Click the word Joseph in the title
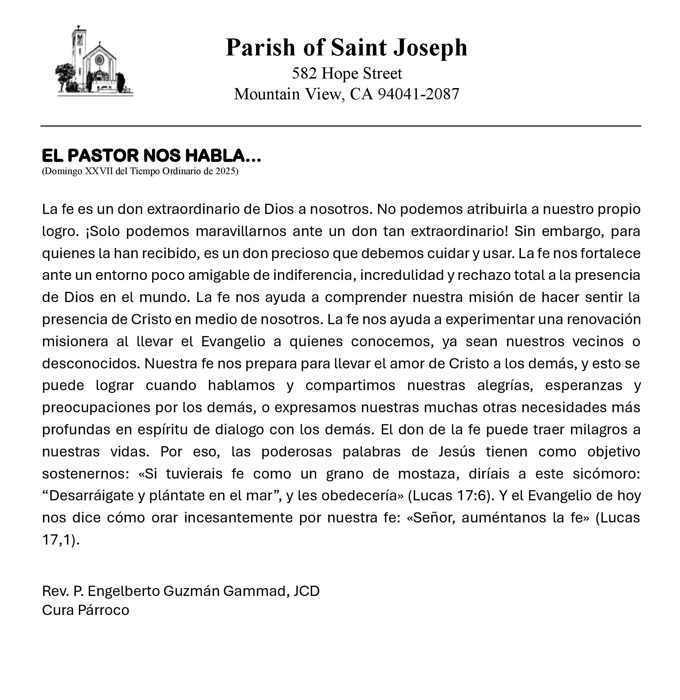coord(430,48)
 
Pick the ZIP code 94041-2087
coord(418,94)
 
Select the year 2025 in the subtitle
coord(225,171)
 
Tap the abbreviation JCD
coord(306,591)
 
